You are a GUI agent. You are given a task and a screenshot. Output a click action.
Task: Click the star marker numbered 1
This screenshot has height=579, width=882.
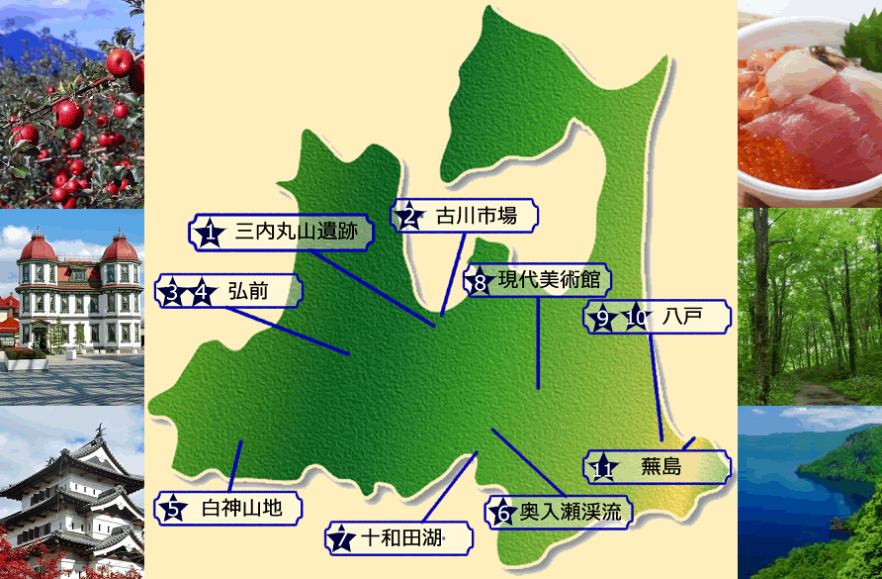point(209,234)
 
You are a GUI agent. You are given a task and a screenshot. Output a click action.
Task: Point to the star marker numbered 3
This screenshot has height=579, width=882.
point(174,293)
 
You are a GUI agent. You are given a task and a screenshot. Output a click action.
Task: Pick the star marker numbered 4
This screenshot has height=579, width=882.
point(204,293)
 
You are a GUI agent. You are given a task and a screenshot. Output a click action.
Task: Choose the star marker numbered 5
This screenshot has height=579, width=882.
point(173,510)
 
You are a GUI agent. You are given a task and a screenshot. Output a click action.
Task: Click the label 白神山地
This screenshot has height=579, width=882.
point(241,509)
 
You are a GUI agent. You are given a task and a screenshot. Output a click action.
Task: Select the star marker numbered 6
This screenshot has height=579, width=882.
point(502,512)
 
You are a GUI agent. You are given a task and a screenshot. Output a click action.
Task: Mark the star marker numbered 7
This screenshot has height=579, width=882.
point(341,538)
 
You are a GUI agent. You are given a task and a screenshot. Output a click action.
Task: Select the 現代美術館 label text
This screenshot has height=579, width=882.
point(548,280)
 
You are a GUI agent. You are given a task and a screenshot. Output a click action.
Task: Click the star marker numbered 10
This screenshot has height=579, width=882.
point(636,318)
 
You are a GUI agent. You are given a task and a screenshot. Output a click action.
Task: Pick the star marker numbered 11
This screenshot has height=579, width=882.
point(603,467)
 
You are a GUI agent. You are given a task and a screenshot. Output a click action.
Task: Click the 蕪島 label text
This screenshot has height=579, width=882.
point(661,466)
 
